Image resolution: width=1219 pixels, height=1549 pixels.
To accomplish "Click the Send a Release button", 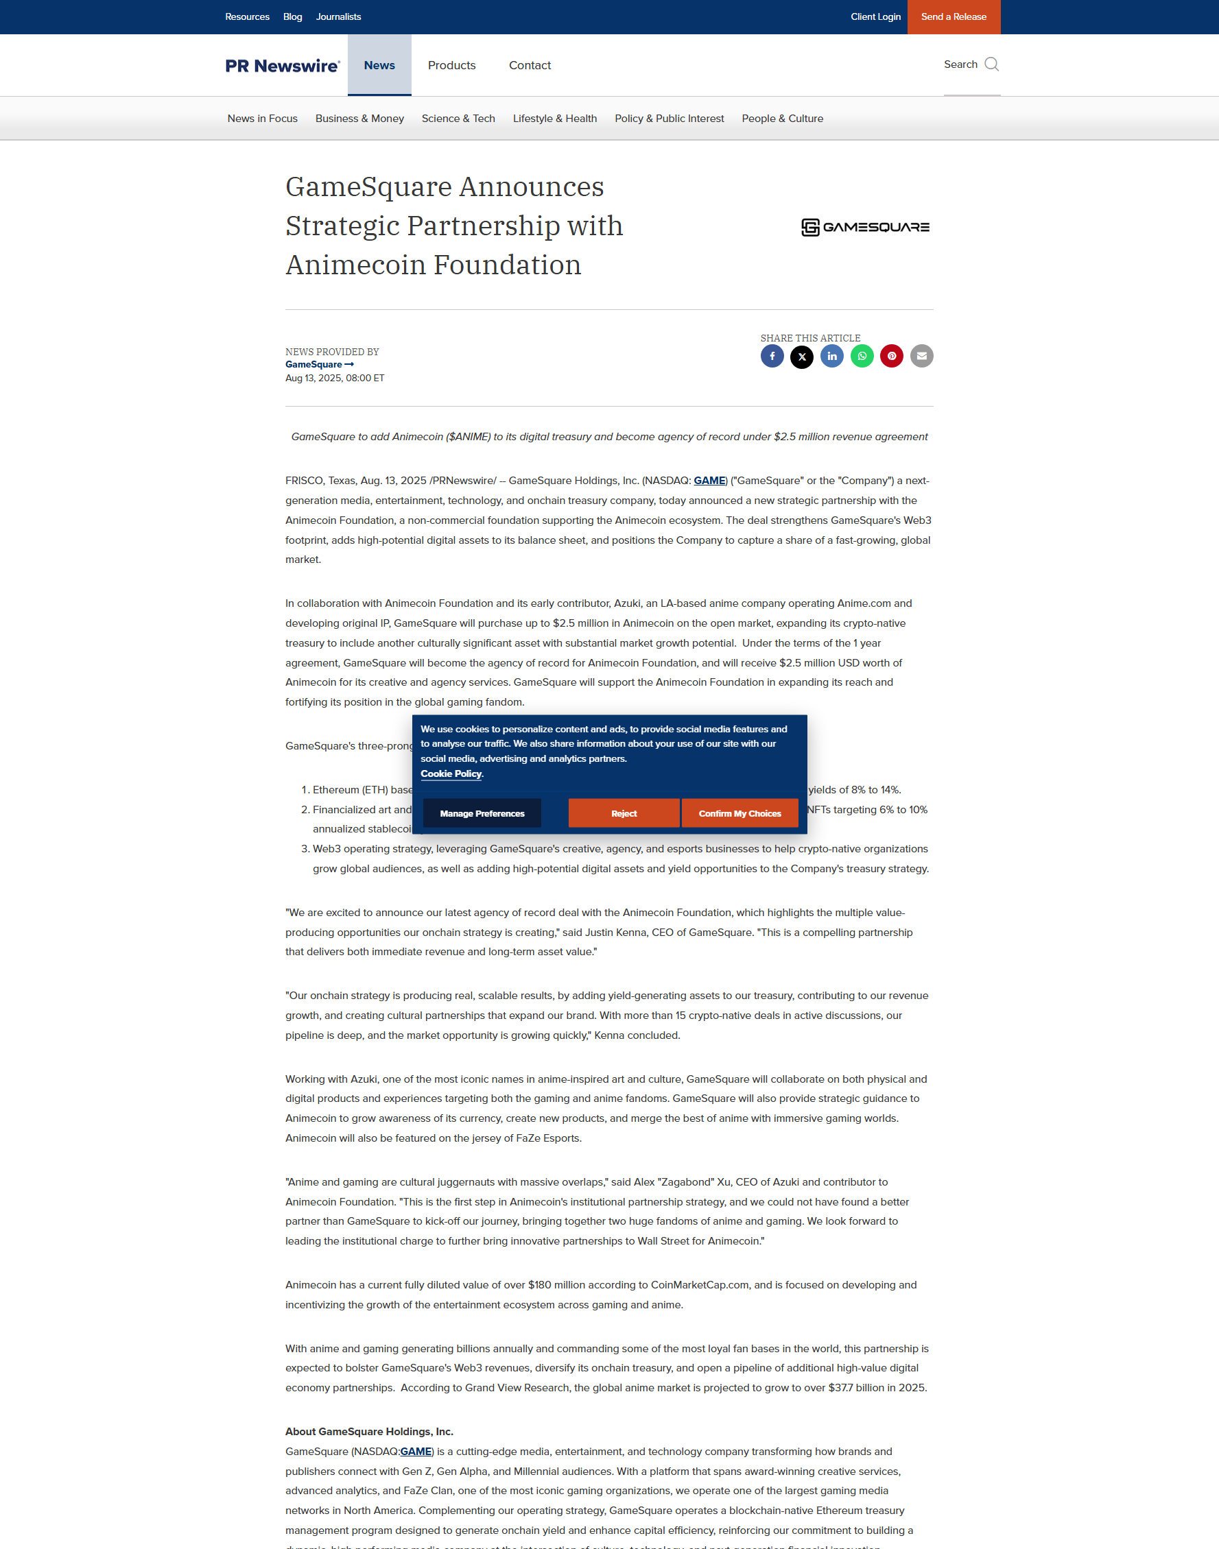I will click(x=954, y=16).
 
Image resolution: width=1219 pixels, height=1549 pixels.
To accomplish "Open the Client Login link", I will click(x=875, y=16).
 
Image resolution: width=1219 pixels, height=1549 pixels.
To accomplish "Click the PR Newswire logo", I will click(x=283, y=66).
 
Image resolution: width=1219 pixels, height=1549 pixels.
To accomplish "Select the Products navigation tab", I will click(x=451, y=65).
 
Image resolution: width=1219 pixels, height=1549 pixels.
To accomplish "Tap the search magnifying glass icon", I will click(x=991, y=64).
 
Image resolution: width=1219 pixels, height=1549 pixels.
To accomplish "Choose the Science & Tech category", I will click(x=458, y=119).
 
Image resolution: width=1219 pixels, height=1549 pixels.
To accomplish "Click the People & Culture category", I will click(x=782, y=119).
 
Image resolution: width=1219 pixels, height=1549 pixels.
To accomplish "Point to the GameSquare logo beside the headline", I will click(x=865, y=227).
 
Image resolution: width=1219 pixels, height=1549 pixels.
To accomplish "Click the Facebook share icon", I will click(x=772, y=356).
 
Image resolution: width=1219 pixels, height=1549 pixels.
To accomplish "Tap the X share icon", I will click(x=801, y=356).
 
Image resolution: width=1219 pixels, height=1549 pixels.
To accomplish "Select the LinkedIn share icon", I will click(x=831, y=356).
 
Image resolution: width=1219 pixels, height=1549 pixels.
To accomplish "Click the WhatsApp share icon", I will click(x=862, y=356).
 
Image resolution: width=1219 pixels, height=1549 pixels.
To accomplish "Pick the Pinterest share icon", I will click(x=891, y=356).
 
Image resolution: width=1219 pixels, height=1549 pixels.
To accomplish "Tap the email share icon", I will click(x=921, y=356).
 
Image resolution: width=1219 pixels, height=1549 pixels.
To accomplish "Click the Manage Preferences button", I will click(x=482, y=813).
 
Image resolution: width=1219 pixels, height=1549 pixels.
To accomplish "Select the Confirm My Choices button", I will click(x=739, y=813).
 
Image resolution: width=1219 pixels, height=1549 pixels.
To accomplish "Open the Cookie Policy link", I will click(x=451, y=773).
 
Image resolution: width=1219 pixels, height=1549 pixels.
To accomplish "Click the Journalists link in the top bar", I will click(x=338, y=16).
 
